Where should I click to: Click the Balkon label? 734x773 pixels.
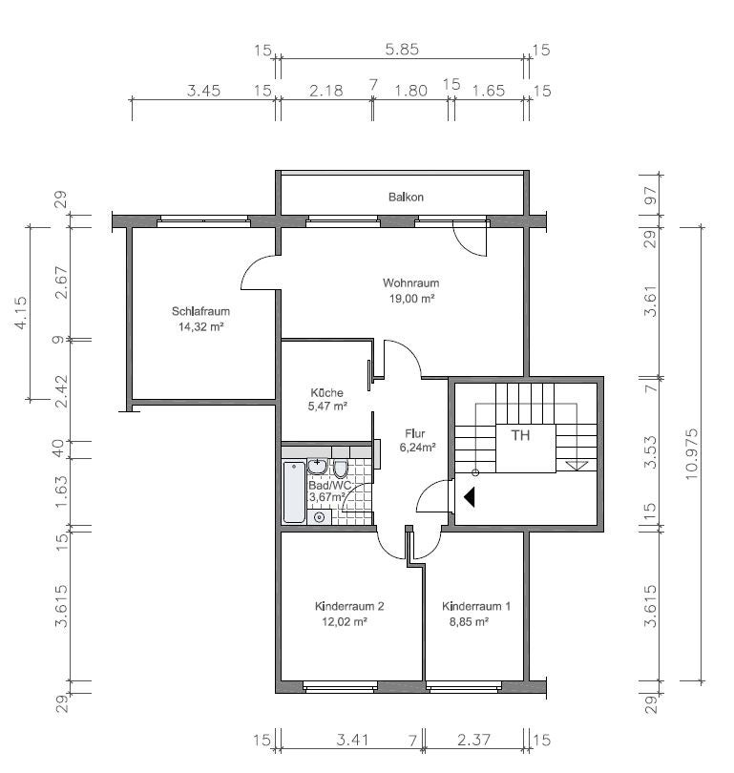[x=406, y=198]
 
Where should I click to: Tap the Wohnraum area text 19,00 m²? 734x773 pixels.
[x=411, y=299]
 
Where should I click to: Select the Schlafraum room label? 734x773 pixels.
[x=200, y=311]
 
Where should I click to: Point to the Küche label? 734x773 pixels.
[x=326, y=393]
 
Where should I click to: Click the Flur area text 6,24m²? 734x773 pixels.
[x=417, y=448]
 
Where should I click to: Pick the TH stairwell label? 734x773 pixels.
[x=520, y=435]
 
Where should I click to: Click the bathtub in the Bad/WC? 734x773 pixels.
[x=294, y=492]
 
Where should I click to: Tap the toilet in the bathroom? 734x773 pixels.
[x=340, y=469]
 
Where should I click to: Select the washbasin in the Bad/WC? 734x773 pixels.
[x=318, y=466]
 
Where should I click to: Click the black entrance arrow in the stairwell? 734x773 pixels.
[x=470, y=497]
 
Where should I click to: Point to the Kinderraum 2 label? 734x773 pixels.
[x=349, y=606]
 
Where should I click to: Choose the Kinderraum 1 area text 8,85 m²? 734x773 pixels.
[x=469, y=621]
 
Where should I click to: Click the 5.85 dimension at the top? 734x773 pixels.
[x=402, y=50]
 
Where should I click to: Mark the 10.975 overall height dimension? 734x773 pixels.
[x=691, y=454]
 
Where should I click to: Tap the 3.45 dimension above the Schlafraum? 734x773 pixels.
[x=203, y=91]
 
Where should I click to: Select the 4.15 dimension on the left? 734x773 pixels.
[x=21, y=313]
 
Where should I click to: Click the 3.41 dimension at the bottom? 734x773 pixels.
[x=352, y=740]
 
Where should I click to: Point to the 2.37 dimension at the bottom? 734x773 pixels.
[x=473, y=740]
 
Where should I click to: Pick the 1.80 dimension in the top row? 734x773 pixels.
[x=410, y=91]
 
